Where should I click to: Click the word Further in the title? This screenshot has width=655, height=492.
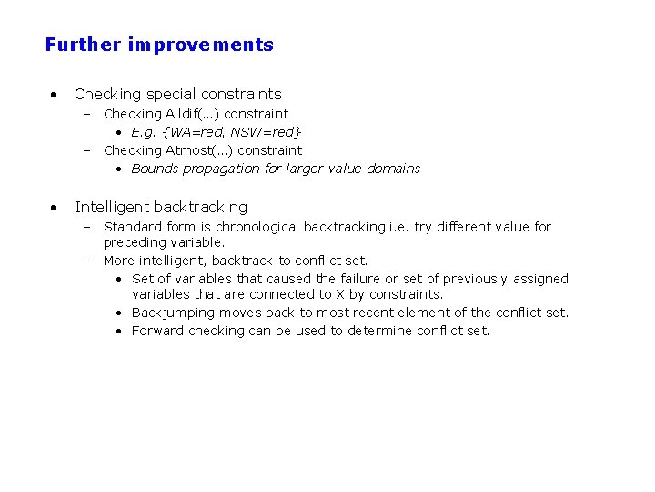tap(83, 45)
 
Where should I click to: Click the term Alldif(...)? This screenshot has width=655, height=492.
tap(193, 114)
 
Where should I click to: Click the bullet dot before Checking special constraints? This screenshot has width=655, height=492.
tap(55, 94)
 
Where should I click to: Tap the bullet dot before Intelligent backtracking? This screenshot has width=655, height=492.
tap(55, 207)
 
